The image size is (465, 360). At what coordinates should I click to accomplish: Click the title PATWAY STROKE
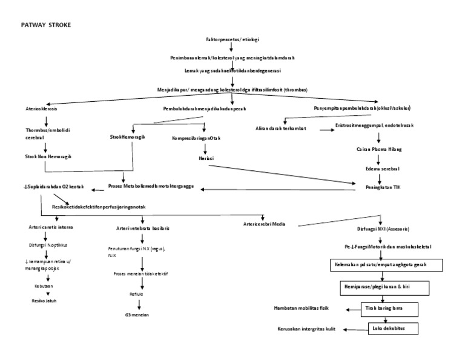[47, 25]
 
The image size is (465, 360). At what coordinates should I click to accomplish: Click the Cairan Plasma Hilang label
[378, 148]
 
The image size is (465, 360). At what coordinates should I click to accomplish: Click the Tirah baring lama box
[389, 308]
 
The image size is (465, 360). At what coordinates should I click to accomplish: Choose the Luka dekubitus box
[391, 328]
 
